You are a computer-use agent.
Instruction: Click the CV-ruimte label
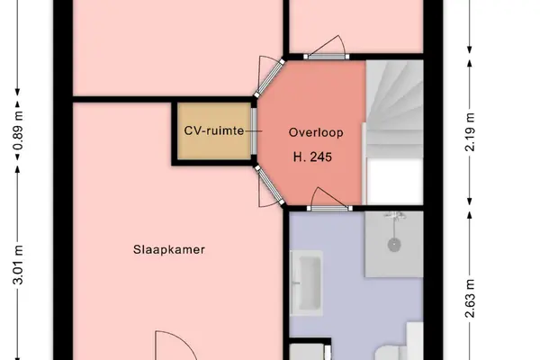tap(214, 130)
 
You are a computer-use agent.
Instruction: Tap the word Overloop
tap(316, 132)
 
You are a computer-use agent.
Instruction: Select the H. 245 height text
tap(312, 157)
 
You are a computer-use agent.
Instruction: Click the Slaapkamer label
tap(169, 250)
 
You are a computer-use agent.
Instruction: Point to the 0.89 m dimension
tap(18, 130)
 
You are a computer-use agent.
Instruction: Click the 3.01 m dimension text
tap(18, 265)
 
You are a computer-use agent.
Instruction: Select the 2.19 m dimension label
tap(470, 132)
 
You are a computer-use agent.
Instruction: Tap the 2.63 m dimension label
tap(470, 298)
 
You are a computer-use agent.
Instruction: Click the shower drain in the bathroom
tap(394, 245)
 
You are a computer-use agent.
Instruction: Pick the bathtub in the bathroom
tap(307, 283)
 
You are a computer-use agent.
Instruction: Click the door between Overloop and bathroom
tap(329, 208)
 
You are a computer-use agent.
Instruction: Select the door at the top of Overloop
tap(327, 56)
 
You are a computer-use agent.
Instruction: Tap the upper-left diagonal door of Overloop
tap(270, 79)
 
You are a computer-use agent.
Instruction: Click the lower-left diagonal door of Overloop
tap(270, 185)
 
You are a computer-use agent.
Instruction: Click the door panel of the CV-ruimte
tap(254, 130)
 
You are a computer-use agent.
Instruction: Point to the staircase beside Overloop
tap(394, 109)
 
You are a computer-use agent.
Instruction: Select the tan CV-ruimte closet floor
tap(214, 130)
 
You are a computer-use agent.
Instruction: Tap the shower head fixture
tap(395, 216)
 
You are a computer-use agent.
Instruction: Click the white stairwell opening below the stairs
tap(395, 182)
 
